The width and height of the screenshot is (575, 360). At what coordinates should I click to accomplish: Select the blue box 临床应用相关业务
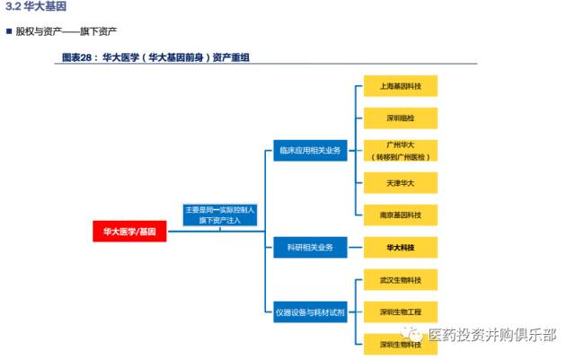(310, 150)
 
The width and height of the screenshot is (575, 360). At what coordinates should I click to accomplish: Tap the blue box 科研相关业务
(310, 247)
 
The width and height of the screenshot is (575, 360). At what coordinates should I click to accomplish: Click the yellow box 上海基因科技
(400, 87)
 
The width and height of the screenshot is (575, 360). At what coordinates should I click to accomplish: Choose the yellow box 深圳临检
(400, 118)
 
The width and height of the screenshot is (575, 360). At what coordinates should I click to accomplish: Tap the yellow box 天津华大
(400, 183)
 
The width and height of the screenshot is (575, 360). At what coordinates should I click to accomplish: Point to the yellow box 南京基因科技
(400, 215)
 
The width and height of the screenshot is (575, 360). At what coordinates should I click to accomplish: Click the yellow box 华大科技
(400, 247)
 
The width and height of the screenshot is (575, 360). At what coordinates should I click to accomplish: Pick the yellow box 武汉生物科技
(400, 280)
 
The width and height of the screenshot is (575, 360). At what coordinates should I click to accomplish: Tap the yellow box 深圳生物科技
(400, 343)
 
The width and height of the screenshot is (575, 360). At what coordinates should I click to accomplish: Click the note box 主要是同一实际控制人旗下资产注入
(220, 214)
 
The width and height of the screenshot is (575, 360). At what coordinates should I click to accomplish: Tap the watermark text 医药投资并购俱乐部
(491, 335)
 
